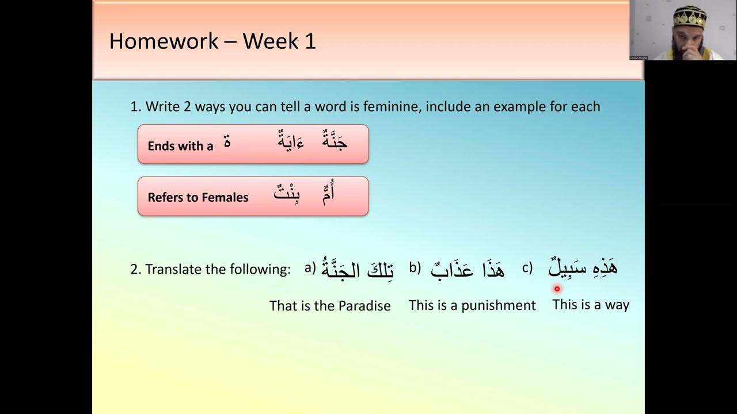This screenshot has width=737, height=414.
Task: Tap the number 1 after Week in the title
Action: (310, 41)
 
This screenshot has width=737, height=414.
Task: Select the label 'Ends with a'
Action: (180, 146)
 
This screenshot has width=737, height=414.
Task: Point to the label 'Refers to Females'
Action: (198, 197)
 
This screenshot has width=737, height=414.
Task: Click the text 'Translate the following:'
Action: (218, 269)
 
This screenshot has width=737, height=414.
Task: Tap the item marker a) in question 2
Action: (310, 267)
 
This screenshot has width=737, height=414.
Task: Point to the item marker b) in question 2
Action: (415, 267)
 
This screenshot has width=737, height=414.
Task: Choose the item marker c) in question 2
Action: (527, 267)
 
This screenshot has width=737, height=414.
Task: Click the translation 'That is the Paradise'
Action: (330, 305)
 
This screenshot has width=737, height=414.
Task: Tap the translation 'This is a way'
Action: (591, 305)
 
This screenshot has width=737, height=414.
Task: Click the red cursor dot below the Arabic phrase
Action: (557, 289)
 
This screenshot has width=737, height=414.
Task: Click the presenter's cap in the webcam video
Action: (687, 14)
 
